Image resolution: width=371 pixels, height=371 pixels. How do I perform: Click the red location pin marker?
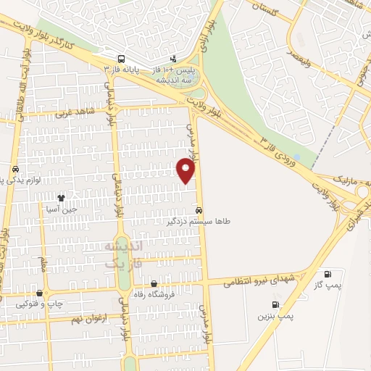pos(186,170)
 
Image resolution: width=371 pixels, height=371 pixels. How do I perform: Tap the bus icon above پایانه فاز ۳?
pos(120,59)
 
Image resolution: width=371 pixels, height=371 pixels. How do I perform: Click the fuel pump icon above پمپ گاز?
pos(329,275)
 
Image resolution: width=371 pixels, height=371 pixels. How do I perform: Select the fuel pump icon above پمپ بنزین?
pos(275,305)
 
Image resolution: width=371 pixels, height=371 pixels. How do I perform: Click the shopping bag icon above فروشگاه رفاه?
pos(154,283)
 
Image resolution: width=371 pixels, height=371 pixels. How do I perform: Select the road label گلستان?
pos(264,8)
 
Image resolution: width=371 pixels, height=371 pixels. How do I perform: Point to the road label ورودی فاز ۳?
pos(280,148)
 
